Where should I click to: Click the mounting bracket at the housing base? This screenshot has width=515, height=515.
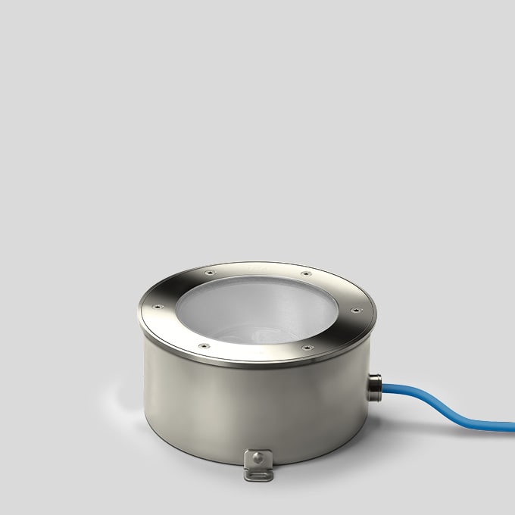pos(257,464)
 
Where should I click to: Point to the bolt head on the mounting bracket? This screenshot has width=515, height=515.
pos(259,457)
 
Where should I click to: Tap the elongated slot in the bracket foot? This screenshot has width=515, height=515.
pos(257,474)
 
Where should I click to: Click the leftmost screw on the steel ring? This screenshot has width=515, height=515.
pos(158,307)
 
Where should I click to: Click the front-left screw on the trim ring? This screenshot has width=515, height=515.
pos(203,347)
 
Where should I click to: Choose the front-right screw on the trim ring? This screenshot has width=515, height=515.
pos(307,348)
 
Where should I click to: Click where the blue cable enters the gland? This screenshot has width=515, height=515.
pos(383,390)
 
